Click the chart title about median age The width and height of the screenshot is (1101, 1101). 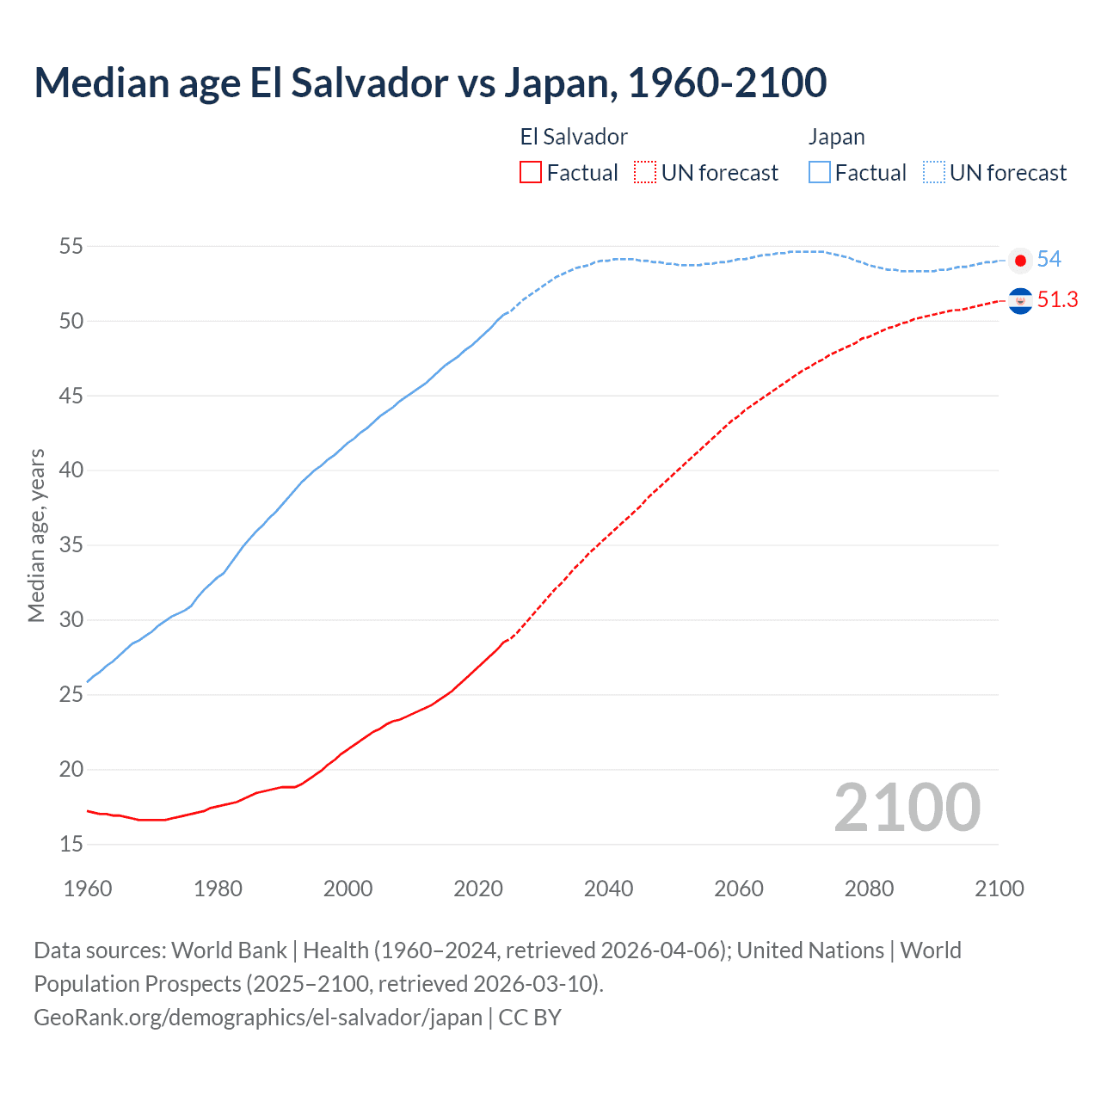430,83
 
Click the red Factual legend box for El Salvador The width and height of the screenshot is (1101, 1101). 531,172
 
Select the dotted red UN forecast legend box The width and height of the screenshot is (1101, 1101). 645,172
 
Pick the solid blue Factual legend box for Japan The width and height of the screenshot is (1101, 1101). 820,172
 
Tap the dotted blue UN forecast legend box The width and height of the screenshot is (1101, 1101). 934,172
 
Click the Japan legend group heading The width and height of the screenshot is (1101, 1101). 836,137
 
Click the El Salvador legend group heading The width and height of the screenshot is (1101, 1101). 574,137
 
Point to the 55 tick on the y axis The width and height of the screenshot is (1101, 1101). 71,247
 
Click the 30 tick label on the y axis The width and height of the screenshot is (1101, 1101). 71,620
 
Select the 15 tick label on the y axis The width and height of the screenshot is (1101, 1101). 71,845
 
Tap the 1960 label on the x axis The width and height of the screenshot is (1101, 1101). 88,889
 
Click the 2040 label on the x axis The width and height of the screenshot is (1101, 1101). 608,889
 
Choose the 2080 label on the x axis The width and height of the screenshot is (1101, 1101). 869,889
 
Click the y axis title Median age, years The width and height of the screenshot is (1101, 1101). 36,535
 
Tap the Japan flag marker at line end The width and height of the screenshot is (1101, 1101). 1020,260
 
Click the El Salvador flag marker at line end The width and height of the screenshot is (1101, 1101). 1020,301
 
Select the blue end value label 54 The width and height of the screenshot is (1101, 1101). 1049,260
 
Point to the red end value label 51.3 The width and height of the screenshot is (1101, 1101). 1057,300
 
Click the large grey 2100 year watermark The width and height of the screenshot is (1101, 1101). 907,808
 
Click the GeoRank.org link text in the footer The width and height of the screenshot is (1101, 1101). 258,1018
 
